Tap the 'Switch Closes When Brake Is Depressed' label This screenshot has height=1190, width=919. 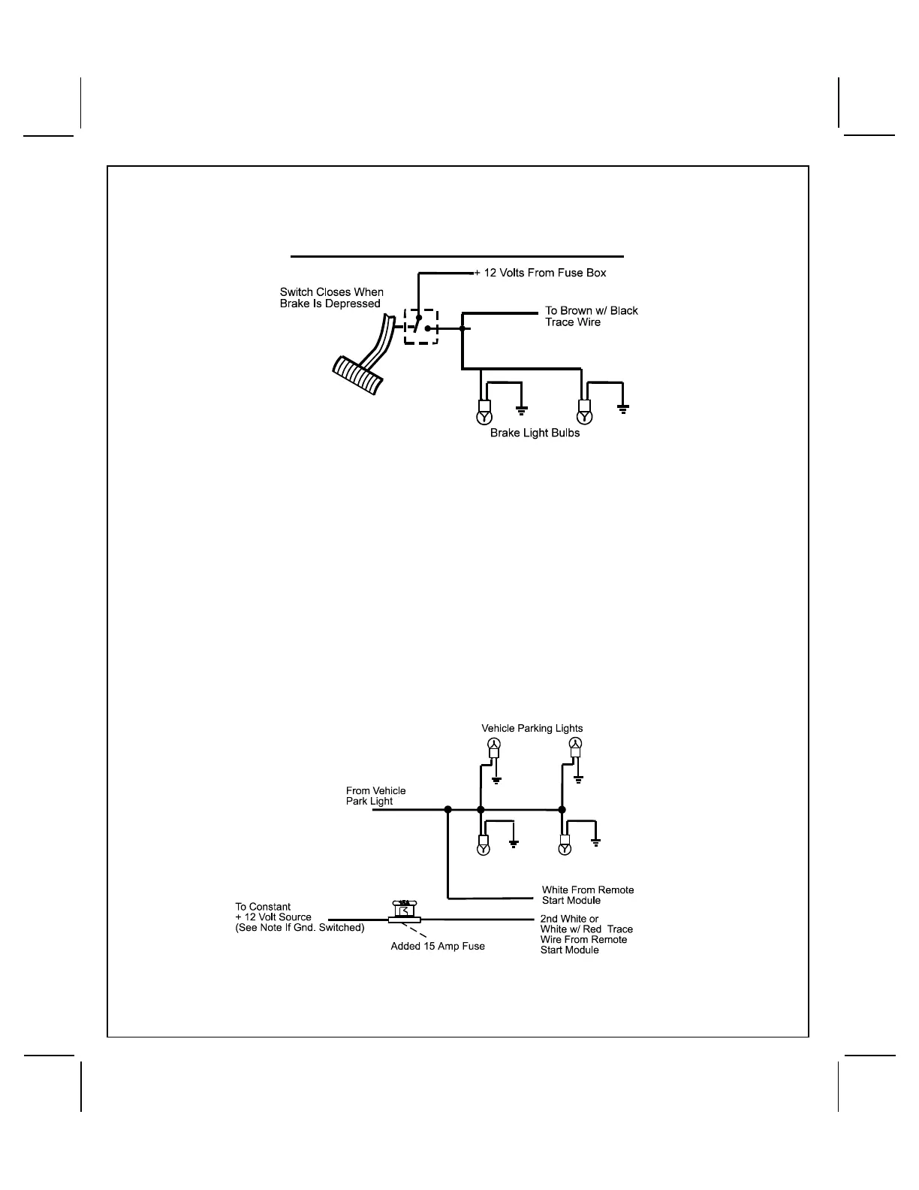click(331, 297)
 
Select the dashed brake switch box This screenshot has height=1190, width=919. click(420, 326)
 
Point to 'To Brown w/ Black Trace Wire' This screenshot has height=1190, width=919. click(591, 316)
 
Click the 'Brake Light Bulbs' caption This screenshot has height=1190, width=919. click(535, 433)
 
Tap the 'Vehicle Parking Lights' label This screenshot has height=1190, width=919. click(532, 728)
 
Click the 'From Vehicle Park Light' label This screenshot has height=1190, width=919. click(375, 796)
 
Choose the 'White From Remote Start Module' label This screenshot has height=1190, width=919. click(587, 895)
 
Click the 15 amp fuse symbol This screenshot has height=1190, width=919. click(404, 912)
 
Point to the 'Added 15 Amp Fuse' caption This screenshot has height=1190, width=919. click(438, 946)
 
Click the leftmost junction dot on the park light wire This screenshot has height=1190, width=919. click(447, 810)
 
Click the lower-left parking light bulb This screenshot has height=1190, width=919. click(484, 849)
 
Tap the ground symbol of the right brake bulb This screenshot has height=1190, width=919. click(622, 408)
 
